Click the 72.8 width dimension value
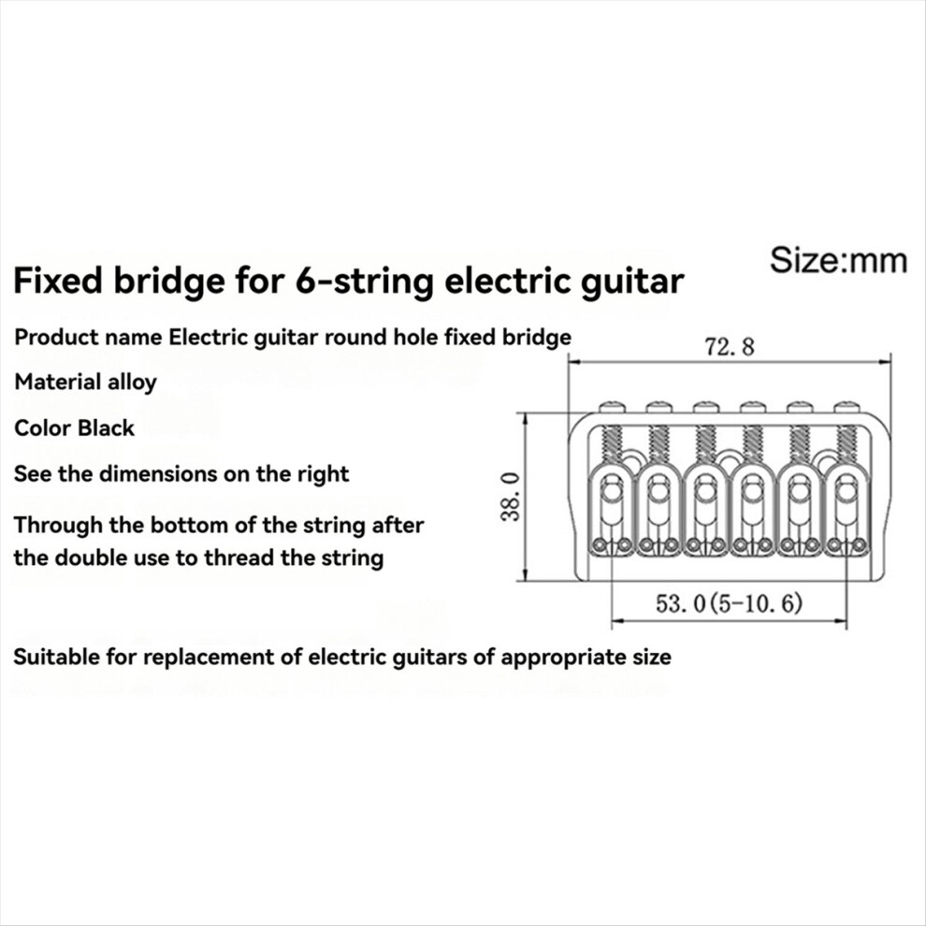click(x=730, y=346)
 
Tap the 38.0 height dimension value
click(x=511, y=497)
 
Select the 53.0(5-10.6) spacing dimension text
click(x=729, y=603)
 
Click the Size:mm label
click(x=839, y=260)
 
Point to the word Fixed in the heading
click(x=58, y=281)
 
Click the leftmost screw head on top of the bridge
click(x=611, y=407)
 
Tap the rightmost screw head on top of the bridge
click(x=846, y=407)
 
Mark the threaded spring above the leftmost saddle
click(x=611, y=443)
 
